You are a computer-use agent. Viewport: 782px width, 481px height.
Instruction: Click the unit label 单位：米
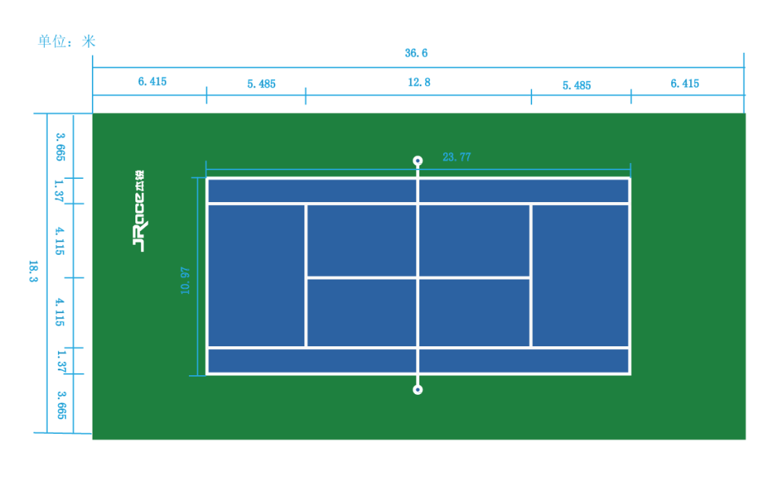click(x=67, y=41)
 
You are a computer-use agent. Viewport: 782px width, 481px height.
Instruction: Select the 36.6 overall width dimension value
click(x=416, y=53)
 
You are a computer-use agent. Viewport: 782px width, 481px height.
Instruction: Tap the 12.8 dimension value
click(x=419, y=82)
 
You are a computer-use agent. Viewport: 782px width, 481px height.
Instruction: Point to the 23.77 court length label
click(x=456, y=157)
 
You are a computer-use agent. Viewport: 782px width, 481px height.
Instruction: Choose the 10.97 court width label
click(x=185, y=280)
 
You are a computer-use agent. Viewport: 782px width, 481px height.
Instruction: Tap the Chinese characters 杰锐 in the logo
click(x=139, y=178)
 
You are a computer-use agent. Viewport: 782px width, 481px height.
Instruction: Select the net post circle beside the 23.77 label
click(x=418, y=161)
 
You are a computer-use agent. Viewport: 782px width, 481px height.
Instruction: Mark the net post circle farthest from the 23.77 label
click(x=418, y=390)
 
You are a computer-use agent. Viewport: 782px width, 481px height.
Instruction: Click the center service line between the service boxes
click(x=362, y=277)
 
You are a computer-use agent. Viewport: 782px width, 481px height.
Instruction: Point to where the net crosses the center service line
click(x=418, y=277)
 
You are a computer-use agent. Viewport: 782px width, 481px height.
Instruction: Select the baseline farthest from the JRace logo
click(x=630, y=276)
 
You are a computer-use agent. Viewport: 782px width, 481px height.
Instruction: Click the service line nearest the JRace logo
click(x=306, y=239)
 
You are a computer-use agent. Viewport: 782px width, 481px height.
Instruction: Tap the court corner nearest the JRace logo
click(x=207, y=178)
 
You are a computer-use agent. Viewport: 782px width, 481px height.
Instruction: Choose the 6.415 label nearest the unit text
click(x=152, y=82)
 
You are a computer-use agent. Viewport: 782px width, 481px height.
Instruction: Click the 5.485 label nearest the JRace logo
click(x=261, y=84)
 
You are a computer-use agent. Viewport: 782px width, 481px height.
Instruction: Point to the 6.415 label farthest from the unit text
click(x=684, y=83)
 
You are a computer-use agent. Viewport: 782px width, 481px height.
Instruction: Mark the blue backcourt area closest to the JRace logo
click(x=256, y=276)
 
